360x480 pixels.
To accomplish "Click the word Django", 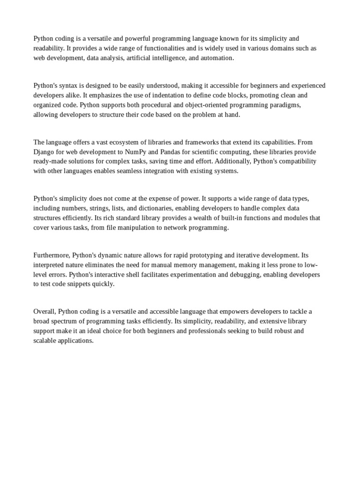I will point(44,152).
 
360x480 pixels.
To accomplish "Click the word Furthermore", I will point(51,255).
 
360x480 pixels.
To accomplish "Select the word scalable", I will point(46,341).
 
